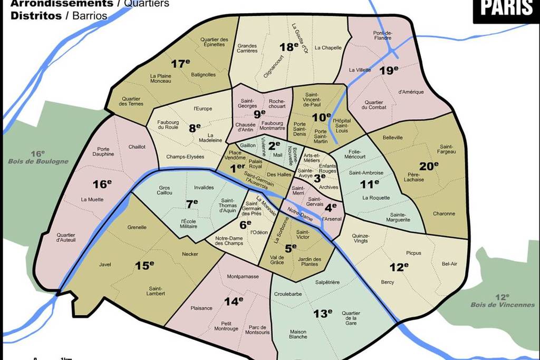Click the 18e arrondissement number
coord(289,47)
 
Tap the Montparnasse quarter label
coord(243,276)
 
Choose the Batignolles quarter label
coord(203,74)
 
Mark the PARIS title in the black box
coord(506,8)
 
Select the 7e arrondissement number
coord(191,202)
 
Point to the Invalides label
coord(204,187)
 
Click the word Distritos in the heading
coord(36,16)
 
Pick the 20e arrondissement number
coord(429,166)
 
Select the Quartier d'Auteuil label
coord(66,237)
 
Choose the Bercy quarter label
coord(387,282)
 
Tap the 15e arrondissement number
coord(144,265)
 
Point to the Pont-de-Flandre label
coord(382,35)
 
